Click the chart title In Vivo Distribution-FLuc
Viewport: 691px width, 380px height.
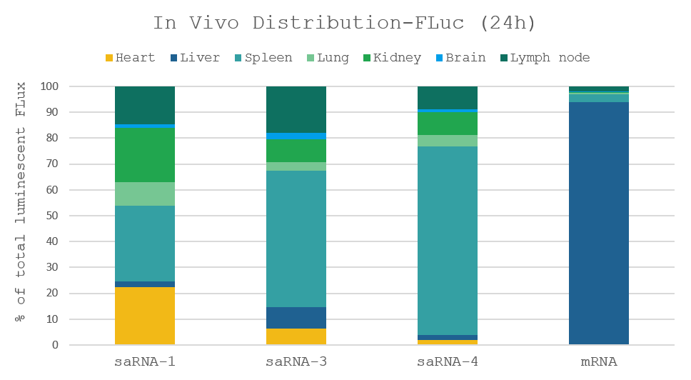pyautogui.click(x=345, y=23)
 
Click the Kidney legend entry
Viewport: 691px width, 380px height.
pyautogui.click(x=392, y=58)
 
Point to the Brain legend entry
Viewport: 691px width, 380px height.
pyautogui.click(x=460, y=58)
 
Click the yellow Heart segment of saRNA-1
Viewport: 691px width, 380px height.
pyautogui.click(x=145, y=316)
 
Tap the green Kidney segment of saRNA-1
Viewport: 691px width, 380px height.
pyautogui.click(x=145, y=155)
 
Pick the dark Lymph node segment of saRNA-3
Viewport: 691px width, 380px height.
pyautogui.click(x=296, y=109)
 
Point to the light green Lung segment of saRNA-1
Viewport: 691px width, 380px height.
pyautogui.click(x=145, y=194)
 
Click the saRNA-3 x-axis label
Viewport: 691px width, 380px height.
pyautogui.click(x=296, y=362)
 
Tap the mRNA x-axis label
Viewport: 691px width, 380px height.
pyautogui.click(x=598, y=362)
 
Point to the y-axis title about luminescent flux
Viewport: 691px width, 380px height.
pyautogui.click(x=22, y=201)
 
